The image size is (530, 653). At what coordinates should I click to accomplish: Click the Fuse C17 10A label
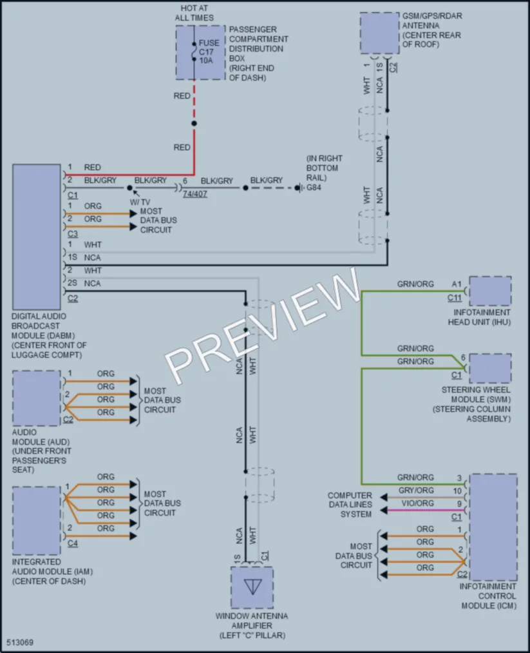[209, 52]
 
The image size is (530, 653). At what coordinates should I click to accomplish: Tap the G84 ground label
[314, 188]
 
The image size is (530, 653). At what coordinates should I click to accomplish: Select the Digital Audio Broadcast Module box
[37, 237]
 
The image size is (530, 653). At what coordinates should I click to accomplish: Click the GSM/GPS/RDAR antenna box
[379, 33]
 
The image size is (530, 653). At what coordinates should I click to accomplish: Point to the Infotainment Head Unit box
[490, 291]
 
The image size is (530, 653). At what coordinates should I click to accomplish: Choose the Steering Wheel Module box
[490, 369]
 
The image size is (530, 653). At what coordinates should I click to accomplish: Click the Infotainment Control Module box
[493, 527]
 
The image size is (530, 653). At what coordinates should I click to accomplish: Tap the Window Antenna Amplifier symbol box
[252, 588]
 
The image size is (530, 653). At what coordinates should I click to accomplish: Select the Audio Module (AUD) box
[37, 398]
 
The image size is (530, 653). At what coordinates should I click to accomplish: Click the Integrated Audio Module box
[37, 521]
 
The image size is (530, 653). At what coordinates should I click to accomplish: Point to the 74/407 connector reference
[194, 194]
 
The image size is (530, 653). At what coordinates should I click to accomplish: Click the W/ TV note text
[140, 202]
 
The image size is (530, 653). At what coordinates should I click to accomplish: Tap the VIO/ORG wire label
[417, 503]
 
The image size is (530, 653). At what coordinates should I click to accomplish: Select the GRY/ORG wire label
[416, 490]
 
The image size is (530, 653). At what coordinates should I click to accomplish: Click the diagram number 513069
[20, 642]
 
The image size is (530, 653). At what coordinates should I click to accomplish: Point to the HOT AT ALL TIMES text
[194, 13]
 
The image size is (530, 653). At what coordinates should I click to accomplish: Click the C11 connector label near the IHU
[455, 298]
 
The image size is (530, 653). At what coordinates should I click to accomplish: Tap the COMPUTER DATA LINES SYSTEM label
[350, 505]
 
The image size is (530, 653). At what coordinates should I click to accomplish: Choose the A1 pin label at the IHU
[457, 284]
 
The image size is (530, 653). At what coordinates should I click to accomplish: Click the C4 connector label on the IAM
[73, 543]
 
